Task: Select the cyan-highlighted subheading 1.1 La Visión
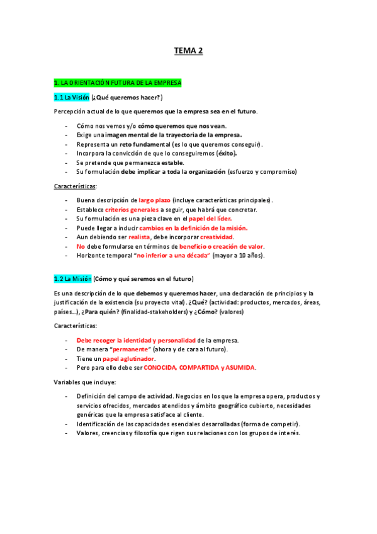pos(72,97)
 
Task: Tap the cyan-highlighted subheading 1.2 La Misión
pos(73,278)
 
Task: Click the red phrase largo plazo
pos(154,200)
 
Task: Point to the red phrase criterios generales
pos(132,209)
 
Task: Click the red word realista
pos(139,237)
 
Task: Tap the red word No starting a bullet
pos(81,246)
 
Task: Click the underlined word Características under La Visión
pos(75,186)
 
